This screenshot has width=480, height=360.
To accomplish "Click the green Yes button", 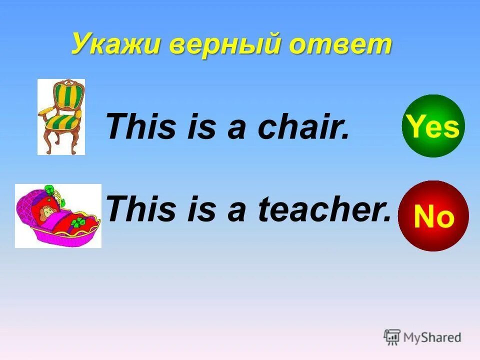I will point(433,126).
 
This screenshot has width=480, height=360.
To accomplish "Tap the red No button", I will point(433,216).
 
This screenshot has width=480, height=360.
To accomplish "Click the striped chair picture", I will point(61,116).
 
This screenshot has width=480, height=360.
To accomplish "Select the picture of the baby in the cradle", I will point(58,215).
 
